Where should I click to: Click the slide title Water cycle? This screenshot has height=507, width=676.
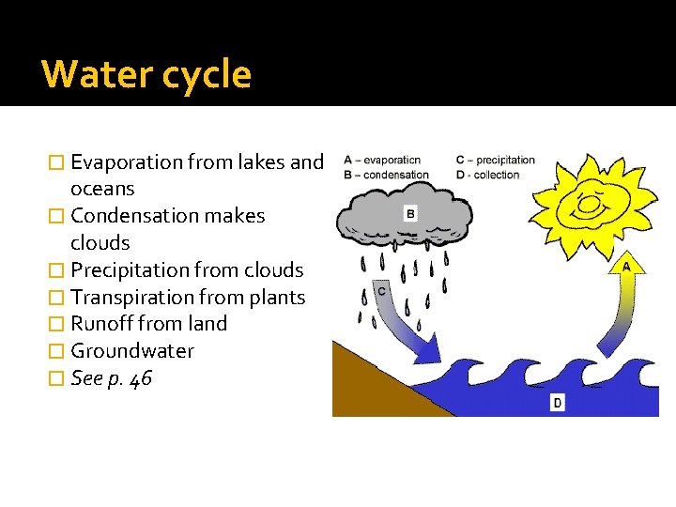coord(146,74)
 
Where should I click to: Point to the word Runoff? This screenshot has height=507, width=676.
coord(101,324)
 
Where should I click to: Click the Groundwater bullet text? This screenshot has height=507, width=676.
coord(132,351)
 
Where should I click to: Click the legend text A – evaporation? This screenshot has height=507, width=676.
coord(382,160)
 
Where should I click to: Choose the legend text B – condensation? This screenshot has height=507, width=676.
coord(386,174)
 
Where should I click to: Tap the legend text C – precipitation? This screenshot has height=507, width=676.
coord(496,160)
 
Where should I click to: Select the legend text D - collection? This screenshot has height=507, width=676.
coord(488,174)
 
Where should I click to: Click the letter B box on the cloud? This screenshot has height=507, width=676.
coord(410,214)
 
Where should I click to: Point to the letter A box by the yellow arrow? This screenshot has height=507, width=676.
coord(626,267)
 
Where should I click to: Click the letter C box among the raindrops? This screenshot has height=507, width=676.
coord(382,292)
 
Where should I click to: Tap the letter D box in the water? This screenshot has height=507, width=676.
coord(557,402)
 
